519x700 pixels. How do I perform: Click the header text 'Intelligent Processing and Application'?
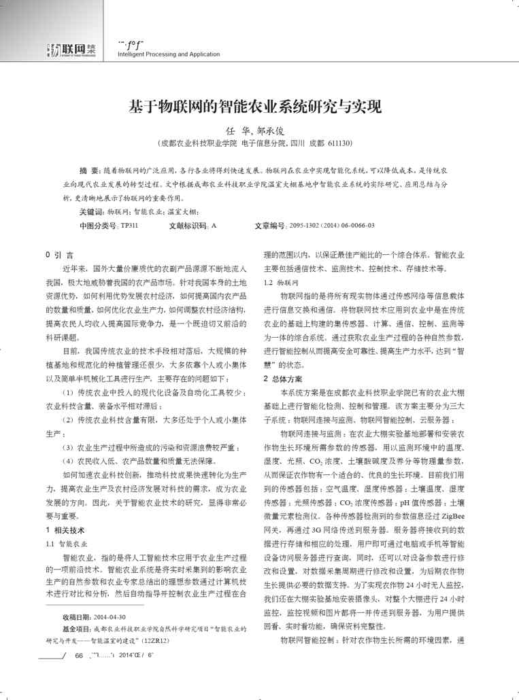[x=169, y=54]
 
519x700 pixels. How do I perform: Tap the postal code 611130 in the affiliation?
[x=337, y=143]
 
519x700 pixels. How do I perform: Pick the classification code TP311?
[x=129, y=225]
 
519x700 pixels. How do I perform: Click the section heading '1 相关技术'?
[x=65, y=529]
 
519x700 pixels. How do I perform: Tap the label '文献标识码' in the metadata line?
[x=188, y=225]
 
